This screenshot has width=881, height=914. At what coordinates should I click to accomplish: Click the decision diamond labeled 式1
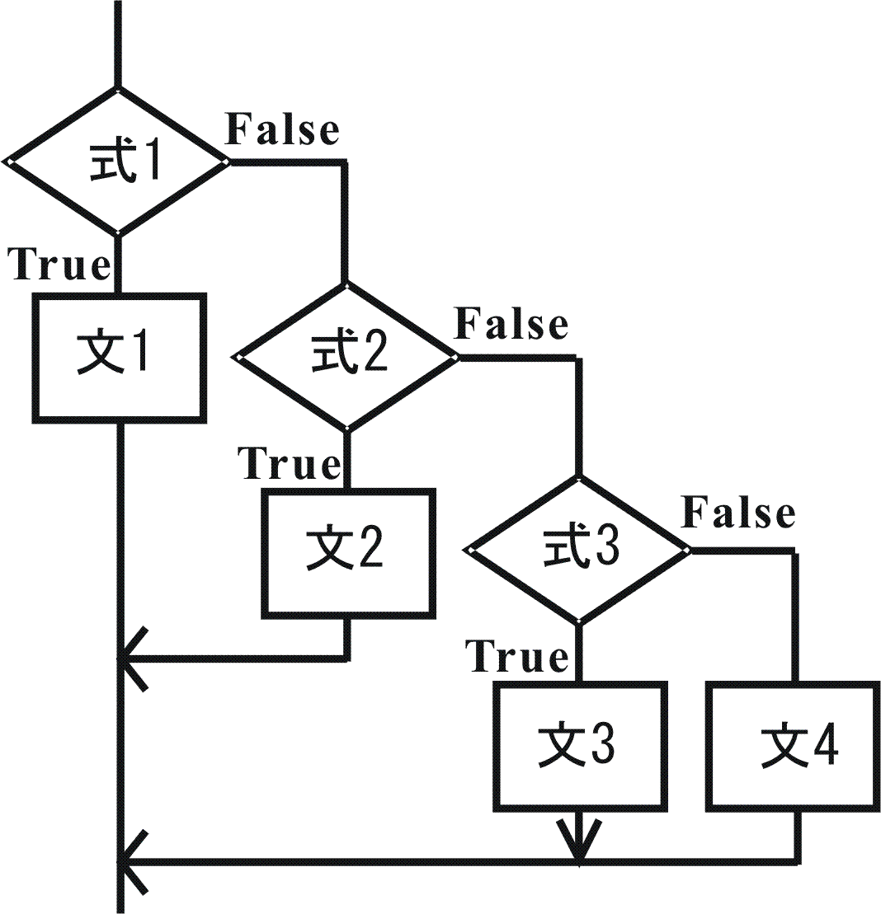tap(117, 162)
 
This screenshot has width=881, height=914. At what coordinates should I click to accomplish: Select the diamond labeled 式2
tap(346, 357)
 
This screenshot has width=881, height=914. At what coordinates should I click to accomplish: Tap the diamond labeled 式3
tap(578, 550)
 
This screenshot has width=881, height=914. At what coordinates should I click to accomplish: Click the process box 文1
tap(118, 359)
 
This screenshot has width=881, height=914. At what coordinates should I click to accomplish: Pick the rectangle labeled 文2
tap(348, 553)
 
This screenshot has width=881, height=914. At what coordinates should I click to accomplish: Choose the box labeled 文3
tap(579, 746)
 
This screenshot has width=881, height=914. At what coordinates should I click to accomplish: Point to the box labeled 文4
tap(794, 746)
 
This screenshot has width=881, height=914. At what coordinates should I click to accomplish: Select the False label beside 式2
tap(511, 323)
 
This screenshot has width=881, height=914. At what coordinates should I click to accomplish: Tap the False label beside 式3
tap(737, 513)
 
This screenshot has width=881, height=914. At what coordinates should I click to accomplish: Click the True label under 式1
tap(59, 265)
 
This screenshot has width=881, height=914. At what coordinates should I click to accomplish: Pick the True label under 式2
tap(290, 463)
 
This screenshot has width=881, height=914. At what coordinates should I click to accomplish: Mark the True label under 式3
tap(518, 658)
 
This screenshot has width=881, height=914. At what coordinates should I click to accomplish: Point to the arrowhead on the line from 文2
tap(132, 659)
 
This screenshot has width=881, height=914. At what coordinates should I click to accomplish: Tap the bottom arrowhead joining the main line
tap(132, 863)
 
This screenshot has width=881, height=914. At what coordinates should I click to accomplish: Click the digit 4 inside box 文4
tap(824, 748)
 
